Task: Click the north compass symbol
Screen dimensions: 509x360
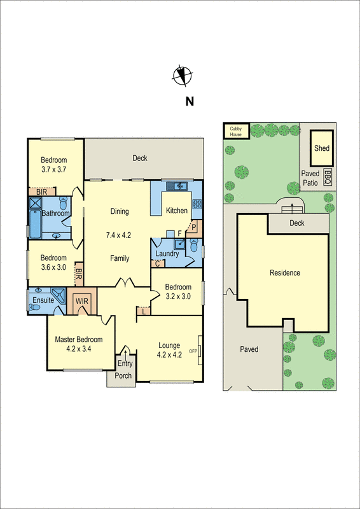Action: pos(181,76)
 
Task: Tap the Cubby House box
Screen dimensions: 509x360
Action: pos(236,131)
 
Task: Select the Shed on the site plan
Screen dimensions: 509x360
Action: pos(322,148)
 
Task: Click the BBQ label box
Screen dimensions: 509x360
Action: pos(328,176)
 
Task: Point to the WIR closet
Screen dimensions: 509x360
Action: pos(83,300)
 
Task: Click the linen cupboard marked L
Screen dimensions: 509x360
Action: pos(144,310)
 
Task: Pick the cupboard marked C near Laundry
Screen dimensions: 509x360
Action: pos(157,263)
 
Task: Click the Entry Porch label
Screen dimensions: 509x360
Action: pos(123,369)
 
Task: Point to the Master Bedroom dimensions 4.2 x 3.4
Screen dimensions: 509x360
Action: pos(79,348)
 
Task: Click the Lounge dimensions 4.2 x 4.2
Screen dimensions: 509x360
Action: pos(170,355)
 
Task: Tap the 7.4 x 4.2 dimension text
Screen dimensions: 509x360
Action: pos(118,235)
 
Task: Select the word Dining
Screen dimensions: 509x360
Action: pos(119,212)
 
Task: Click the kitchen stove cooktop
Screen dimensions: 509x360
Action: pos(197,204)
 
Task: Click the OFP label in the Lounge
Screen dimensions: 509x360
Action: pos(195,351)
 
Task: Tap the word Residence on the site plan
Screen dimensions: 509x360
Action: pos(284,273)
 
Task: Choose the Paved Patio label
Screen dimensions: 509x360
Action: pos(309,178)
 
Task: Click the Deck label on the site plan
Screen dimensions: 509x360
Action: pos(296,223)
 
